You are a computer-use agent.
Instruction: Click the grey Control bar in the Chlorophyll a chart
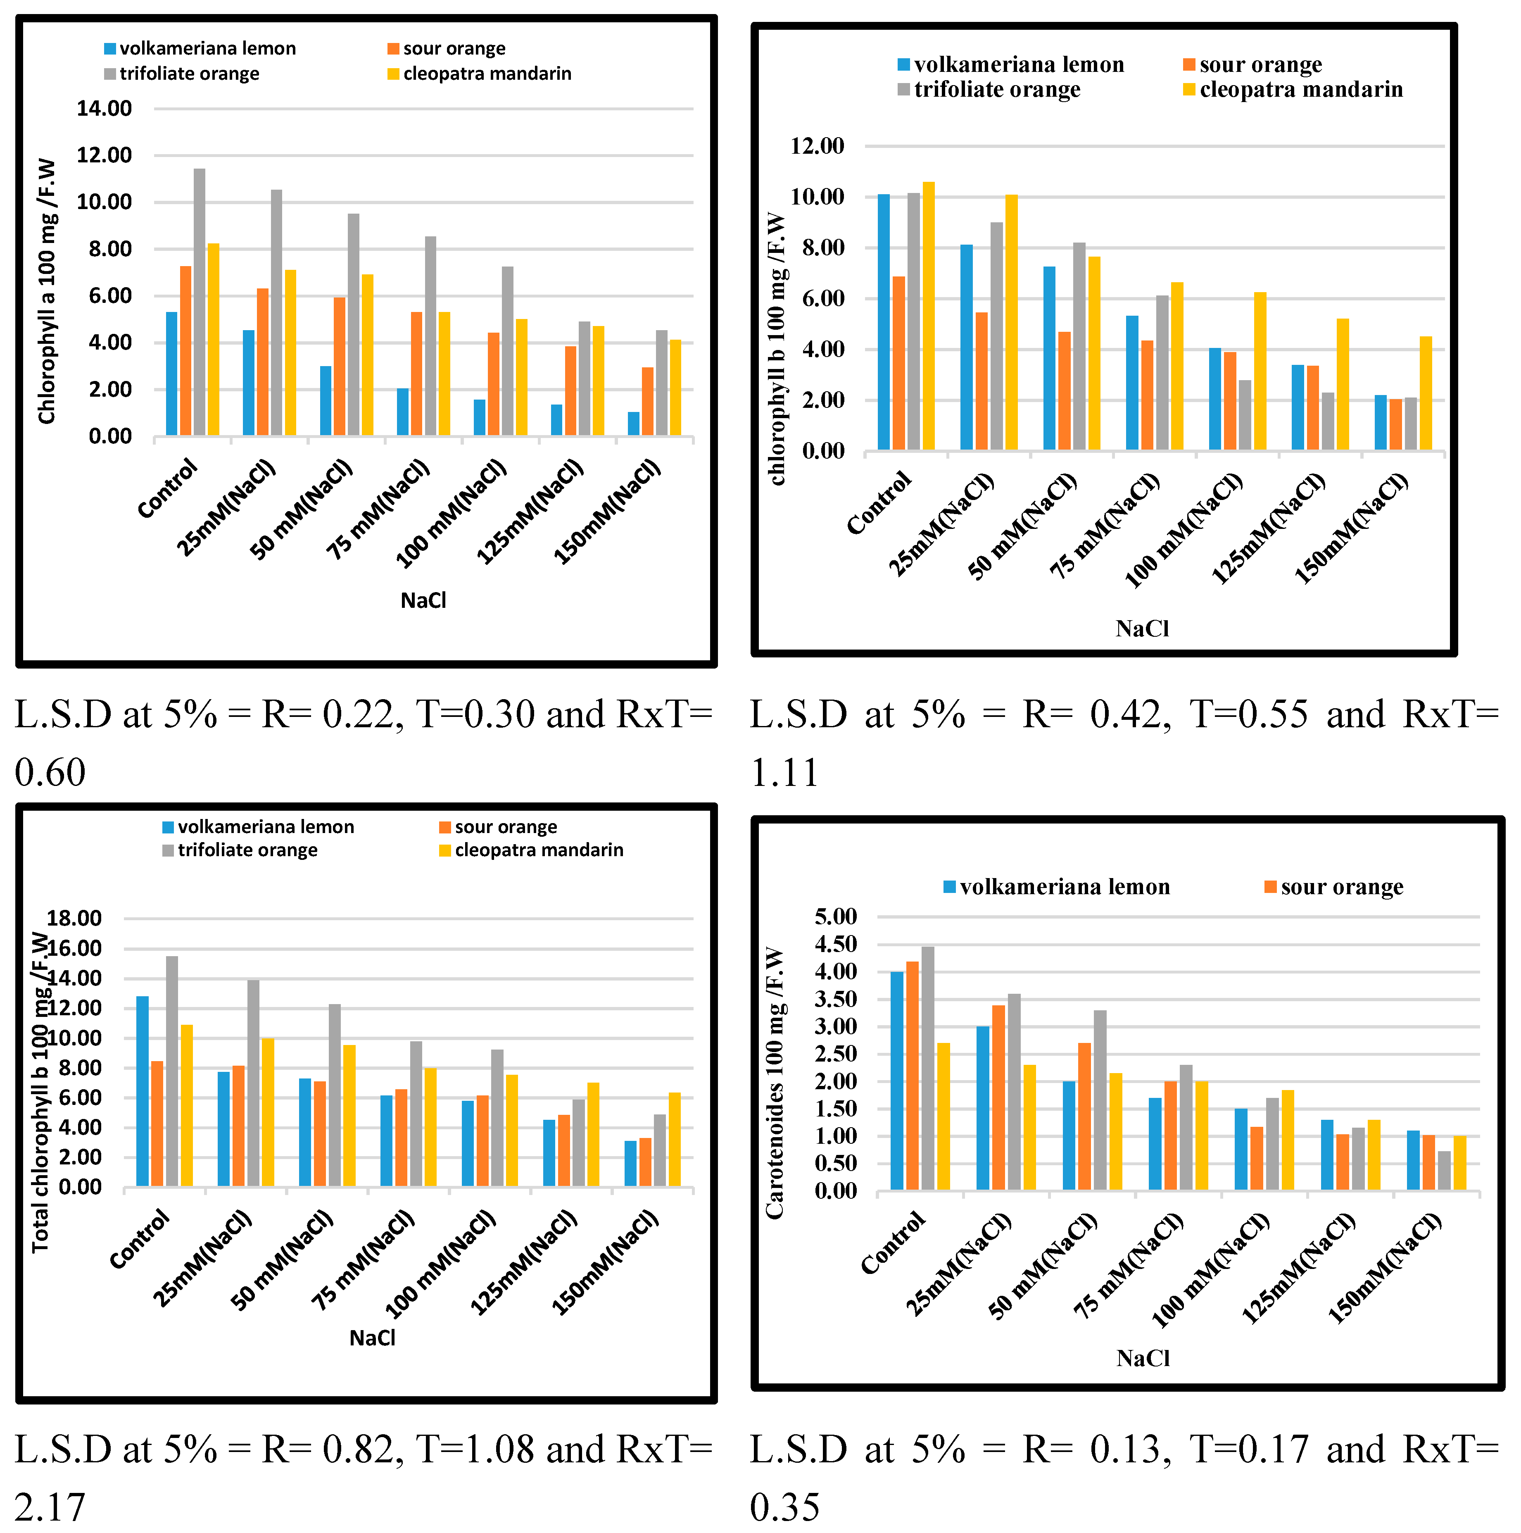point(199,302)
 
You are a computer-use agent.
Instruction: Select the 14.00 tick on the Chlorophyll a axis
point(104,109)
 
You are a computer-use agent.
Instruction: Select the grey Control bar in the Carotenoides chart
point(927,1067)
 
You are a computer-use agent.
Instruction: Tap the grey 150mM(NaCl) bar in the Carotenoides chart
point(1444,1170)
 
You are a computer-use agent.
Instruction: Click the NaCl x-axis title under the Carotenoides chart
point(1143,1359)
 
